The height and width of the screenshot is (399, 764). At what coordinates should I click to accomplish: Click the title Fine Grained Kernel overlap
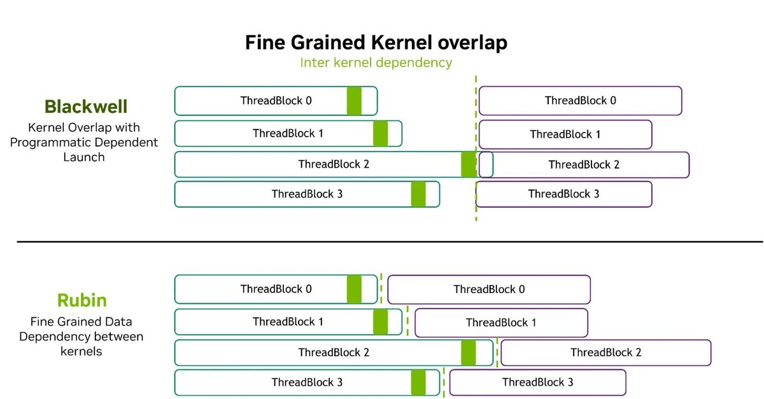(x=376, y=43)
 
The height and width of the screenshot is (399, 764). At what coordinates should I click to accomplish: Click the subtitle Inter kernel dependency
(x=376, y=63)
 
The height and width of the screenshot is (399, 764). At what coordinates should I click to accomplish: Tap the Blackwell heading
(x=86, y=106)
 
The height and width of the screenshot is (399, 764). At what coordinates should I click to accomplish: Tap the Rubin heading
(x=82, y=300)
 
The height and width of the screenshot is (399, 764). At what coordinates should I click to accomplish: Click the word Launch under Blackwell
(x=84, y=157)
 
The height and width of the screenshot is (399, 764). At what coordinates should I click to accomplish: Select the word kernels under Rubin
(x=81, y=351)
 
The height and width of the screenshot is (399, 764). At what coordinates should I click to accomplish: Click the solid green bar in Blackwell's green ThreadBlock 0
(x=354, y=101)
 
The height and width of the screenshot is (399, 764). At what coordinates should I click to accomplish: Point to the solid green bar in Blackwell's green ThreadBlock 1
(x=380, y=133)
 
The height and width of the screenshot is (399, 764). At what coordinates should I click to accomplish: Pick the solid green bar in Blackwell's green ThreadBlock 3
(x=418, y=194)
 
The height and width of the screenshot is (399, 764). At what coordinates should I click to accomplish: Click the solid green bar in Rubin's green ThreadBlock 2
(x=469, y=352)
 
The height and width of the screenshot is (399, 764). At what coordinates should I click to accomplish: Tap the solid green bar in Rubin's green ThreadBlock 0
(x=354, y=289)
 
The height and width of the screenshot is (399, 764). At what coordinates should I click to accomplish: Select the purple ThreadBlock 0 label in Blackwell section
(x=580, y=101)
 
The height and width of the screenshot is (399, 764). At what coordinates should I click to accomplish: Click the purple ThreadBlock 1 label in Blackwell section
(x=565, y=134)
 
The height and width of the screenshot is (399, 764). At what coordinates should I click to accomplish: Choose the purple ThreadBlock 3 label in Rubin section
(x=537, y=382)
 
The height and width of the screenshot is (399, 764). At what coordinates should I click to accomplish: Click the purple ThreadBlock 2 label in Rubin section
(x=605, y=352)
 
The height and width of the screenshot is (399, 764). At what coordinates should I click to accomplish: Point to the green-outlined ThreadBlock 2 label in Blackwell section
(x=334, y=164)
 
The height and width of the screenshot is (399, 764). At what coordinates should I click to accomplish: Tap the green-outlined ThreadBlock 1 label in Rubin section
(x=288, y=322)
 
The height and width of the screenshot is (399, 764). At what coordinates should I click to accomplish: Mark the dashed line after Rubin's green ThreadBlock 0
(x=381, y=288)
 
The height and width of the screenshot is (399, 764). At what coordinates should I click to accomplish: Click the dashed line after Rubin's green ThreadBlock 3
(x=444, y=382)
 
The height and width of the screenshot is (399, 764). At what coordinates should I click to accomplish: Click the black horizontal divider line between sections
(x=390, y=242)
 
